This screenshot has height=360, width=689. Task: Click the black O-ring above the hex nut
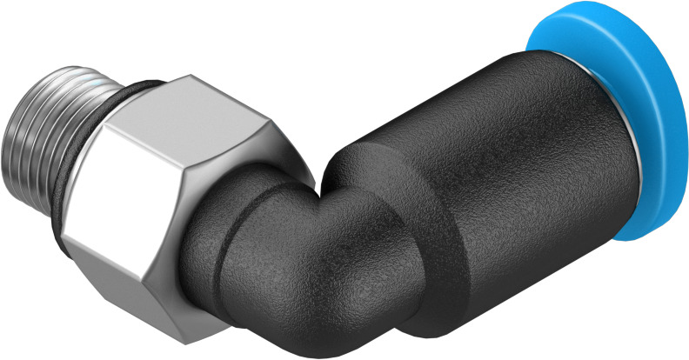(x=139, y=88)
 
